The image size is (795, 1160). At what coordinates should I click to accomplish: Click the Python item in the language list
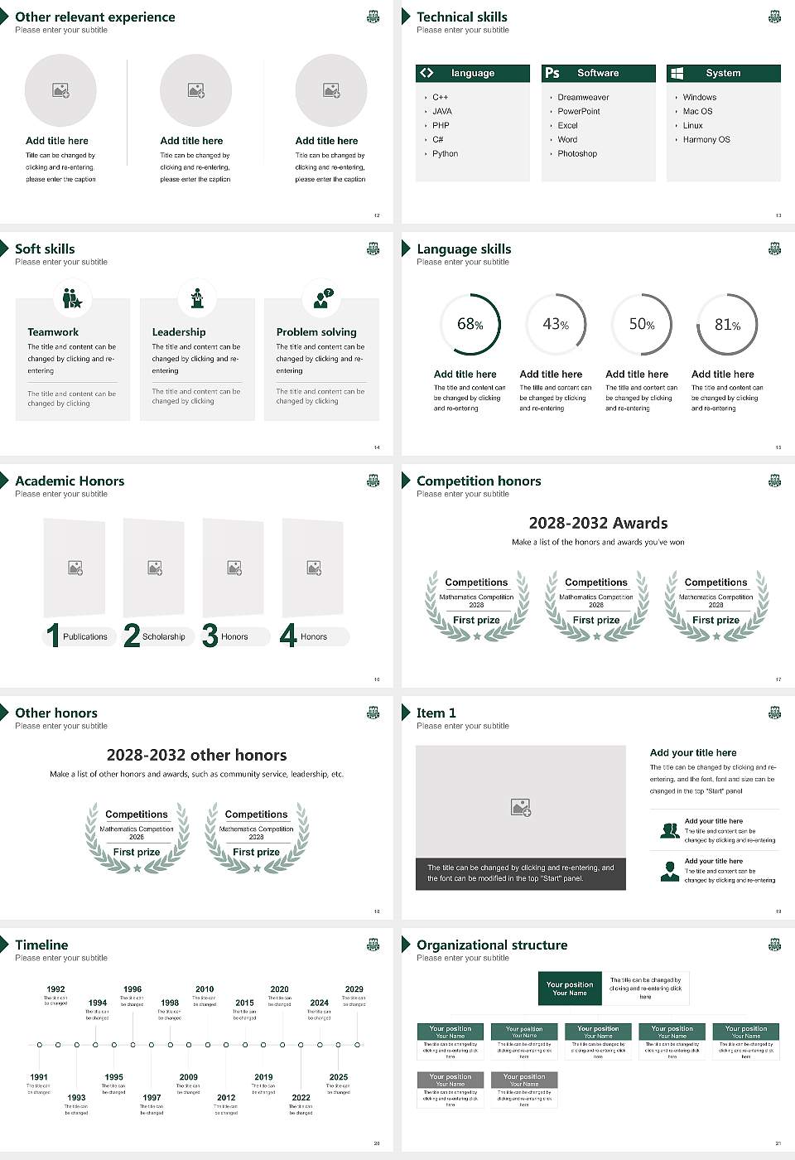point(445,154)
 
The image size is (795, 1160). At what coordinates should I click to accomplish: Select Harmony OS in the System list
point(706,140)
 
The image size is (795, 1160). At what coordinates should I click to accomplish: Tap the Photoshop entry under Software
point(576,154)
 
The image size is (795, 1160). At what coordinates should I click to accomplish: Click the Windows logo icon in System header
point(677,73)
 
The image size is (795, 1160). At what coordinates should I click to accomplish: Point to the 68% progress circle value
point(470,325)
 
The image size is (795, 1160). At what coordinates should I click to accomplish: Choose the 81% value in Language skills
point(727,325)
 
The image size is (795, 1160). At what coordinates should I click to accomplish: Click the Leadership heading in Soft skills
point(178,332)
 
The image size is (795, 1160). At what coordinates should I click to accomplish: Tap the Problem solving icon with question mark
point(322,298)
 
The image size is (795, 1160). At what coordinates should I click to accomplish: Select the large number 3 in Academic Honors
point(210,636)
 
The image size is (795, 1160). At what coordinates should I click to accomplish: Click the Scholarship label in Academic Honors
point(163,637)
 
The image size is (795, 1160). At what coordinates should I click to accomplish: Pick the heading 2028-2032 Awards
point(598,523)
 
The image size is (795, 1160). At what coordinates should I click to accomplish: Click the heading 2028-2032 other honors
point(196,755)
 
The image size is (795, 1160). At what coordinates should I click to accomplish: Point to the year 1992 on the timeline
point(55,989)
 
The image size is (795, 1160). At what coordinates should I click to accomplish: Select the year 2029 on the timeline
point(354,989)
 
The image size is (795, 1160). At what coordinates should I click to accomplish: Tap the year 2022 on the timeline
point(301,1098)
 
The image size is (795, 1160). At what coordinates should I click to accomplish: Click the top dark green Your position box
point(570,988)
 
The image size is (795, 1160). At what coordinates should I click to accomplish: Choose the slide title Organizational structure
point(492,945)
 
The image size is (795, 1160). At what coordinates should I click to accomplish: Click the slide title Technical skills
point(461,17)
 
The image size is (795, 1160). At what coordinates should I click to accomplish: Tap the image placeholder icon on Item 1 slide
point(520,806)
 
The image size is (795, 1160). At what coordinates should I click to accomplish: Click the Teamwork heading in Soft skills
point(53,332)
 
